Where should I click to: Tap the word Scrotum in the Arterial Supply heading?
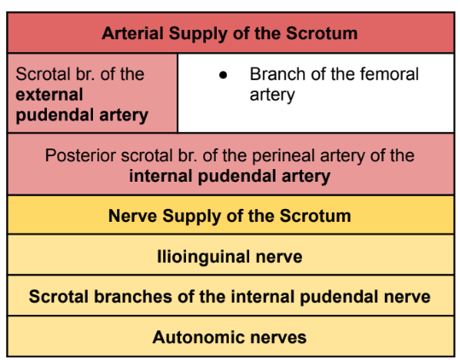(323, 34)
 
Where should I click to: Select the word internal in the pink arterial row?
(163, 177)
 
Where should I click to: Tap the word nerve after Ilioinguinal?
(279, 256)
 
